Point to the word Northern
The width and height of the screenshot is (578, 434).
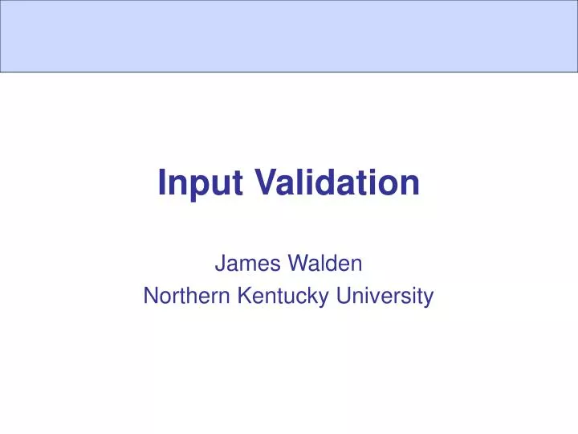186,297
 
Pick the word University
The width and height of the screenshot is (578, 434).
385,297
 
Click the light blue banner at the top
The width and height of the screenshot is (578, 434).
289,36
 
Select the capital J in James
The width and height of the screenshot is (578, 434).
219,263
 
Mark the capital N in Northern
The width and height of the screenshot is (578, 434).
150,297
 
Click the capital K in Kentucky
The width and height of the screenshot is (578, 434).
244,297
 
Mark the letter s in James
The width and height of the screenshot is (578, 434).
268,264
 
